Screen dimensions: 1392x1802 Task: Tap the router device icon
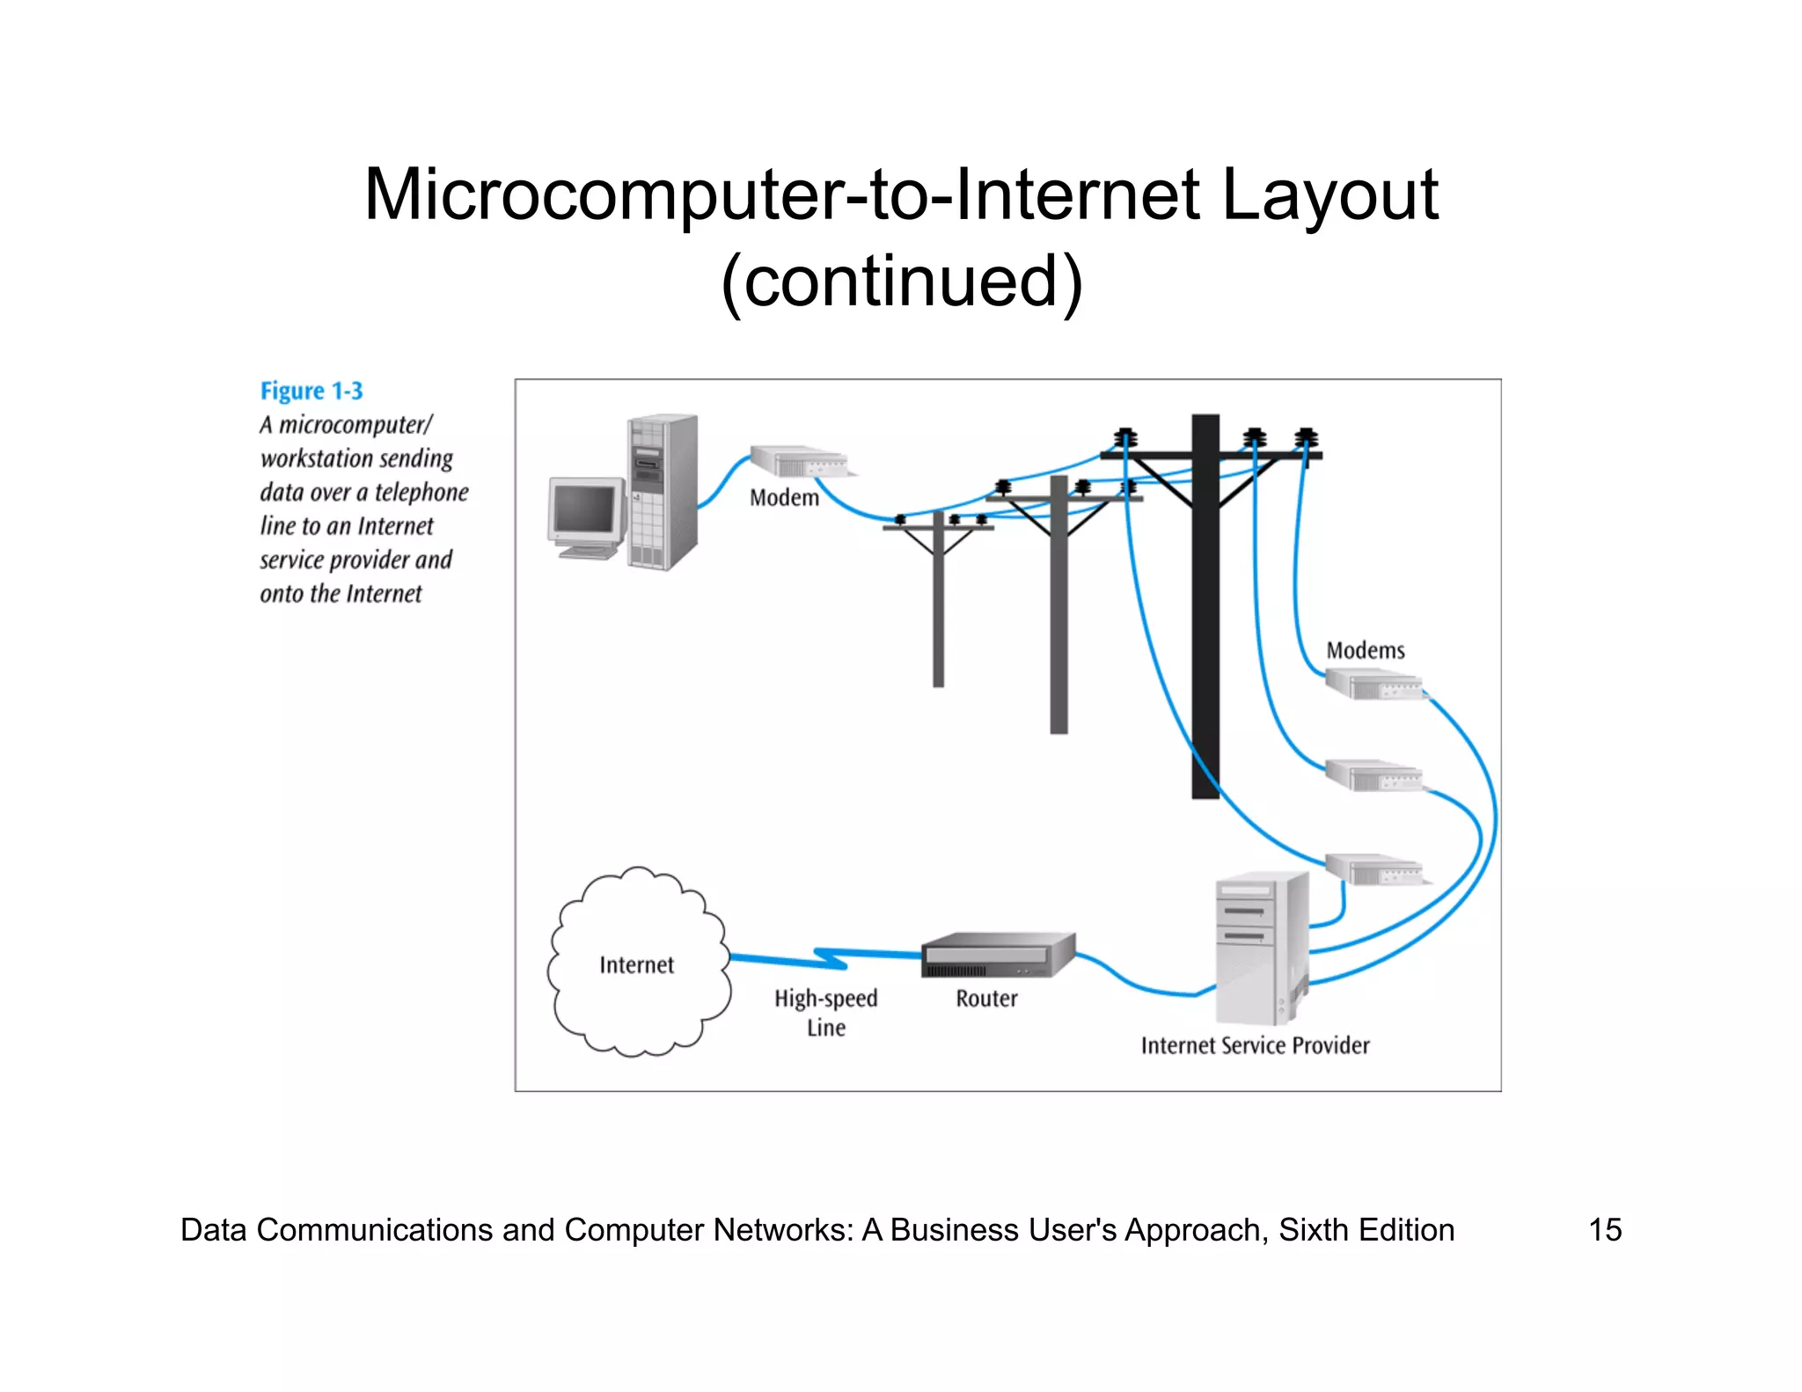click(997, 956)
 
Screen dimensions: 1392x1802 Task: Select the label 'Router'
click(986, 999)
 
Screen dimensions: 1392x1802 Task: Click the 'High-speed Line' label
click(825, 1013)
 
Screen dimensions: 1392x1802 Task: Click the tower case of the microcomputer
click(663, 493)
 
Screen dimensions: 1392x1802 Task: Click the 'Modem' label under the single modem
click(784, 498)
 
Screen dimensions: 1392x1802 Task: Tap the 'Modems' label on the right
click(1365, 650)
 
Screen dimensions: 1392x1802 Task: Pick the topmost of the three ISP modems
click(1373, 684)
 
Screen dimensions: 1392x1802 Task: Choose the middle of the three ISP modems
click(1373, 775)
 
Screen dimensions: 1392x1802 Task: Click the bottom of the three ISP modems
click(1373, 868)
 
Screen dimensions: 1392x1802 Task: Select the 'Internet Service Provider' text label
click(1255, 1045)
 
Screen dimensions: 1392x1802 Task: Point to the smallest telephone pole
click(938, 607)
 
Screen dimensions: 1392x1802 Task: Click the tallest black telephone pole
click(1205, 616)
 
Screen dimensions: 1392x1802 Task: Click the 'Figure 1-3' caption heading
click(311, 391)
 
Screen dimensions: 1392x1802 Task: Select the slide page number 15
click(1604, 1229)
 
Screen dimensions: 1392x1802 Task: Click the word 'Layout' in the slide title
click(1330, 194)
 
